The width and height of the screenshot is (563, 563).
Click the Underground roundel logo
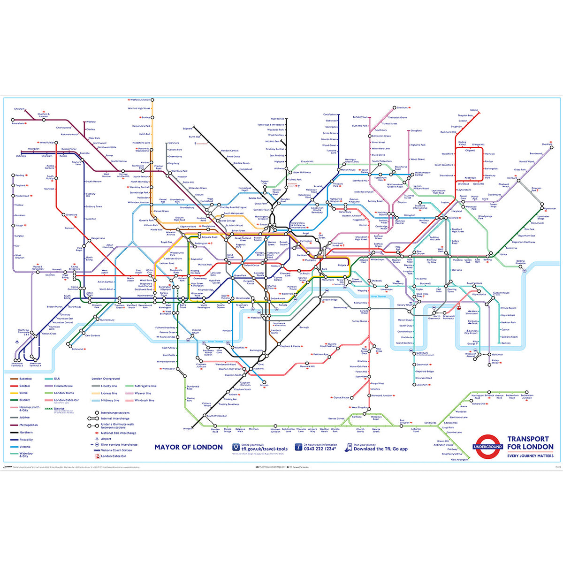coord(487,447)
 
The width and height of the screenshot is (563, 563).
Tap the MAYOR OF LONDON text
coord(189,447)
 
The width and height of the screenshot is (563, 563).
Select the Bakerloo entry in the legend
coord(25,379)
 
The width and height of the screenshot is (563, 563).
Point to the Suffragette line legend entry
coord(145,386)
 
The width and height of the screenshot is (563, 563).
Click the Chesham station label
coord(19,109)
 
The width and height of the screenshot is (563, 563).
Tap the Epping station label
coord(474,110)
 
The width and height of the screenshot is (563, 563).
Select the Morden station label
coord(188,428)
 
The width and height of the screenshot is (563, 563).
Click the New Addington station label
coord(459,460)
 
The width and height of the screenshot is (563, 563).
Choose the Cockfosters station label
coord(330,114)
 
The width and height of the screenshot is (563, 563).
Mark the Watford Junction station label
coord(140,100)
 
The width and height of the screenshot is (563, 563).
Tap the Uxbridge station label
coord(21,156)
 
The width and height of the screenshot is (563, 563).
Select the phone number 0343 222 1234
coord(320,449)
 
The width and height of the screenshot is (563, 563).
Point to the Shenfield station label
coord(547,145)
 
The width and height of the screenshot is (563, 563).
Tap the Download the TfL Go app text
coord(380,449)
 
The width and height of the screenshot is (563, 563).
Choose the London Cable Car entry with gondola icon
coord(113,456)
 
